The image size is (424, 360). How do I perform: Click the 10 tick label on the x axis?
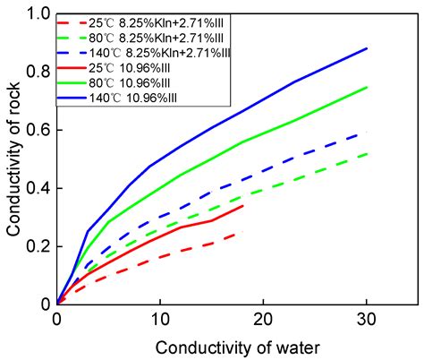pos(160,319)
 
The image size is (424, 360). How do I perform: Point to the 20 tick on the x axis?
pos(263,319)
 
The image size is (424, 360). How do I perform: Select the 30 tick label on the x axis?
pos(367,319)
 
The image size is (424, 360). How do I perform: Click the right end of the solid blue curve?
pos(367,48)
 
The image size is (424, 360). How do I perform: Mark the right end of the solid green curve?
pos(367,88)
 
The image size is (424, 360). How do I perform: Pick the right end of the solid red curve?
pos(243,205)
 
